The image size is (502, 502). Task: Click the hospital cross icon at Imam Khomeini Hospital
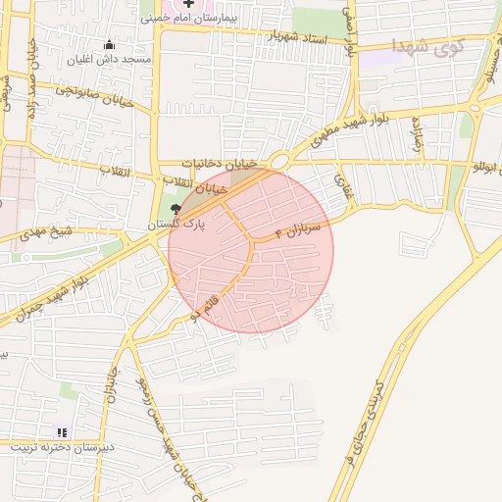pos(189,5)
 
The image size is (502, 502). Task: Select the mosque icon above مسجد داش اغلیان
pos(109,45)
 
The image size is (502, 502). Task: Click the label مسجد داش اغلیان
pos(109,60)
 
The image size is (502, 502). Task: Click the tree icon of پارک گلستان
pos(176,208)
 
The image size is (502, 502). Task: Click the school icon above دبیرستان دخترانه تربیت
pos(63,431)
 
